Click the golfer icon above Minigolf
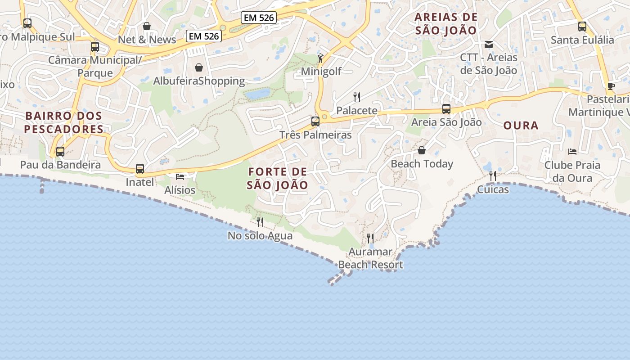pos(320,58)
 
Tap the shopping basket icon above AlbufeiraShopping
pos(199,67)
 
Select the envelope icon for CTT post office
pos(489,45)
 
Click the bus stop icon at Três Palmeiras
pos(315,121)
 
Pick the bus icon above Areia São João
pos(446,109)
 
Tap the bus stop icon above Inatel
pos(140,169)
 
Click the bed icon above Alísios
pos(180,176)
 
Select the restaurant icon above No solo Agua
pos(260,222)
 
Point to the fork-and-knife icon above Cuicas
pos(493,175)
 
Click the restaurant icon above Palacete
pos(357,97)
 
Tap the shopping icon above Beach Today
pos(422,150)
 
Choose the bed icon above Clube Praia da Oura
pos(572,152)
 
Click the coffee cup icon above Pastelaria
pos(611,86)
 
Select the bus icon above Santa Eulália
pos(582,26)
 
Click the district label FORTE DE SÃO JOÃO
pos(278,178)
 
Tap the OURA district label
pos(521,126)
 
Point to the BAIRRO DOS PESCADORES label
pos(64,122)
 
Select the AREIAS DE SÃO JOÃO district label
pos(446,24)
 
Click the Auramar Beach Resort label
pos(371,258)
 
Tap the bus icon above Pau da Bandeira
pos(60,152)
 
